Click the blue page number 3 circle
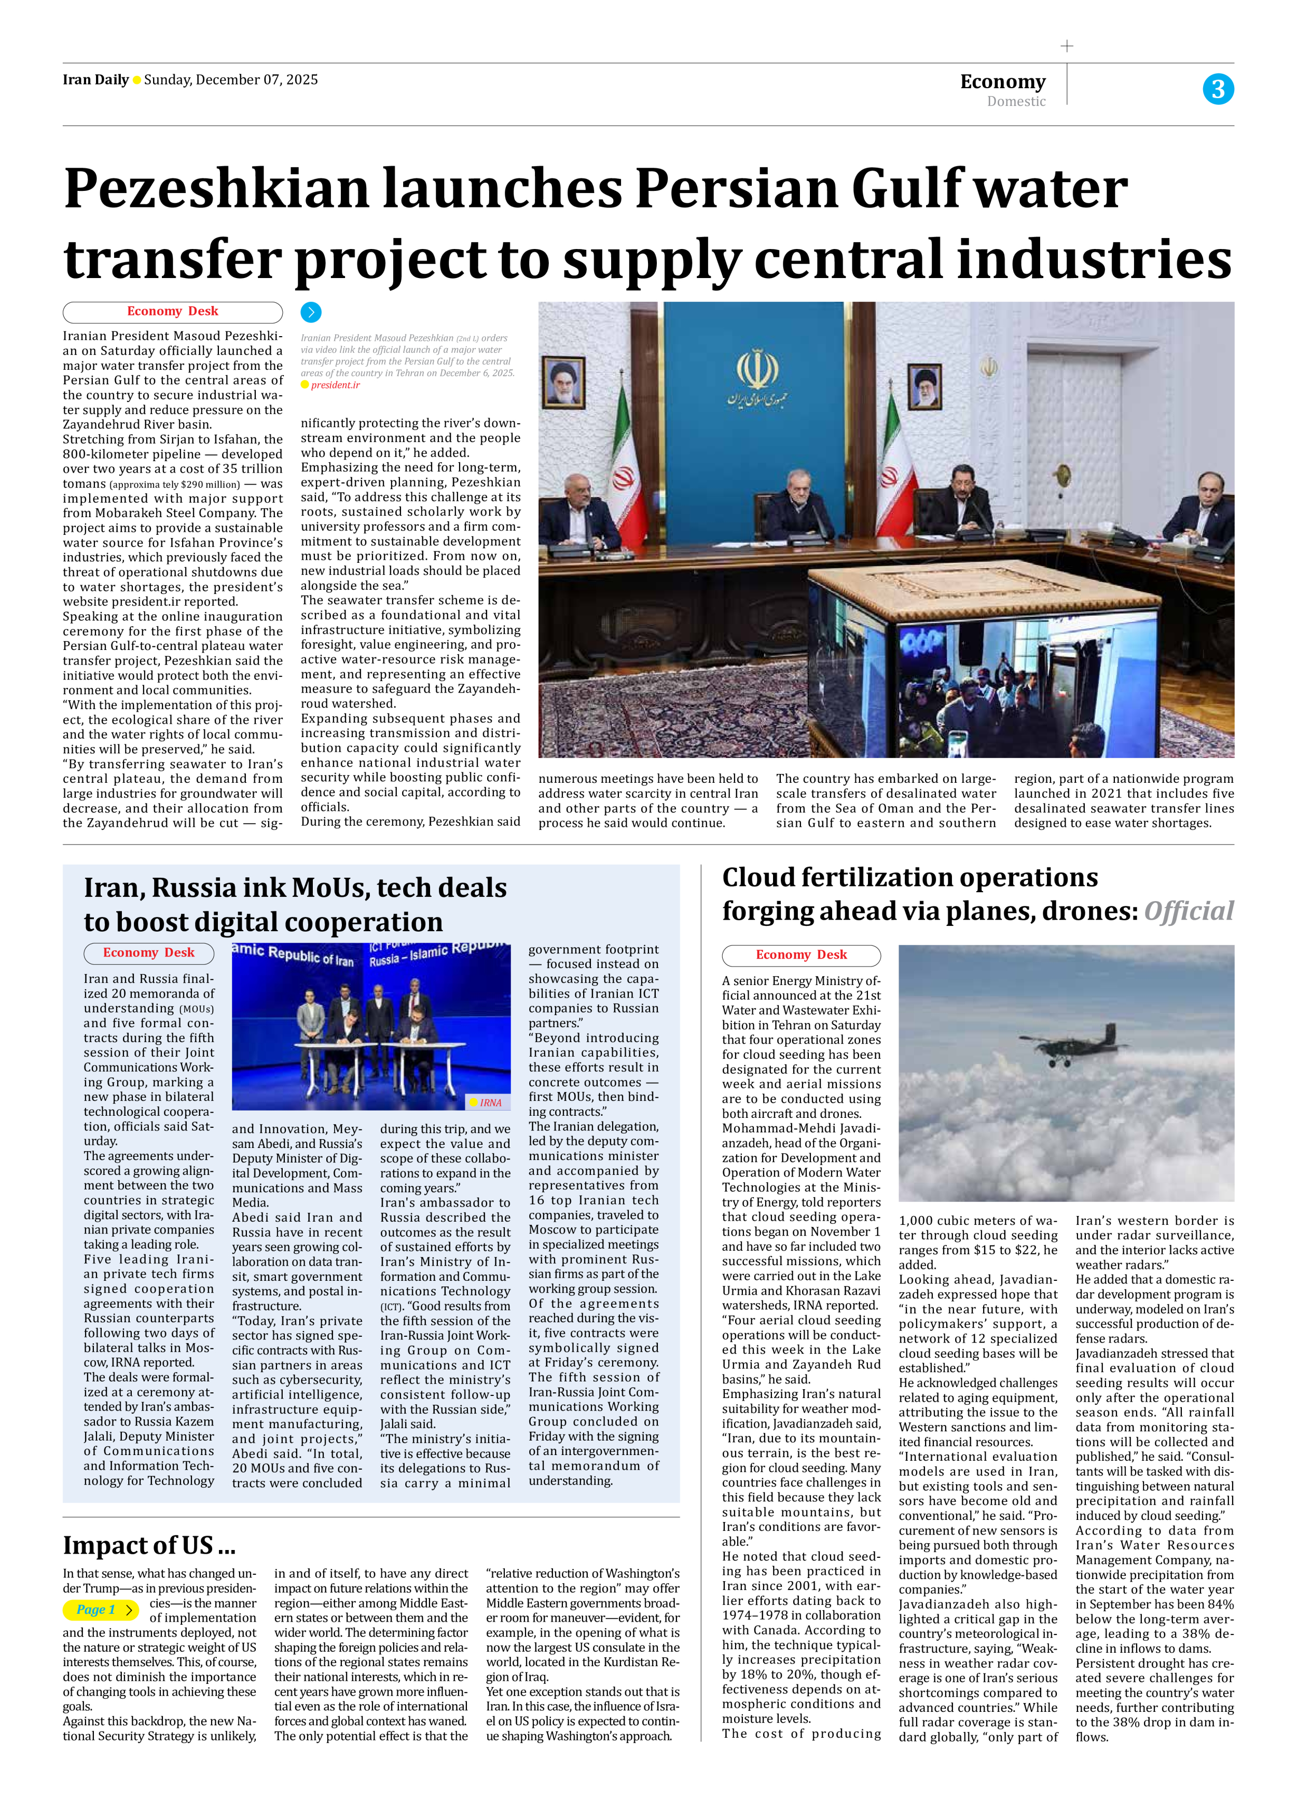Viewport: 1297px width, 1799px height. pyautogui.click(x=1218, y=89)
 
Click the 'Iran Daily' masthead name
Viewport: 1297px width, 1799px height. pyautogui.click(x=95, y=79)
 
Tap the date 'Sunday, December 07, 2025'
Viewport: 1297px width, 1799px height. pyautogui.click(x=231, y=79)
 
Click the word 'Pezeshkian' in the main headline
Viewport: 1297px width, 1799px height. pyautogui.click(x=216, y=189)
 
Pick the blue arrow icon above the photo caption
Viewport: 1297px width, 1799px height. pyautogui.click(x=311, y=312)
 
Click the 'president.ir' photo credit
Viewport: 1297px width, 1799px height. pyautogui.click(x=335, y=385)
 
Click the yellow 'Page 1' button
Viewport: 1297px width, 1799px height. pyautogui.click(x=100, y=1610)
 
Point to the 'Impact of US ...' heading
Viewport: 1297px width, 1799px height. pyautogui.click(x=149, y=1545)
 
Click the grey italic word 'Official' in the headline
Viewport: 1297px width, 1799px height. pyautogui.click(x=1189, y=911)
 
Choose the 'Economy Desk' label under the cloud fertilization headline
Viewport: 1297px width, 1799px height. pyautogui.click(x=801, y=955)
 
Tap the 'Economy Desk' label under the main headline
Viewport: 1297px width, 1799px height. pyautogui.click(x=172, y=312)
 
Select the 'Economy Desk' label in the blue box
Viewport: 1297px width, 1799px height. pyautogui.click(x=148, y=952)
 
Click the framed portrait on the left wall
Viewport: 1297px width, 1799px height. pyautogui.click(x=564, y=382)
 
